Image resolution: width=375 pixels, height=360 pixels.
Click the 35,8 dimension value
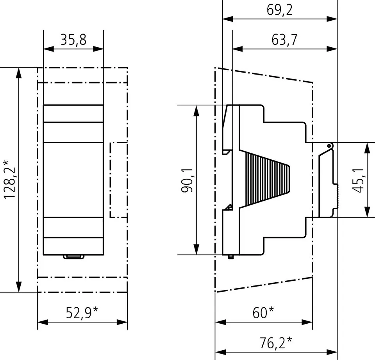[73, 40]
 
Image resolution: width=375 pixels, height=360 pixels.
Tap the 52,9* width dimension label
[82, 312]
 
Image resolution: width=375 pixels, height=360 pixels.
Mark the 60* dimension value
[263, 312]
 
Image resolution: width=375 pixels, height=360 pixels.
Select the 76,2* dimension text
[276, 342]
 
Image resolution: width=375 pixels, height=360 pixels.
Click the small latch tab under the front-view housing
[74, 257]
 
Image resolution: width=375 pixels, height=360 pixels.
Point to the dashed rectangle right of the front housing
[119, 180]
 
